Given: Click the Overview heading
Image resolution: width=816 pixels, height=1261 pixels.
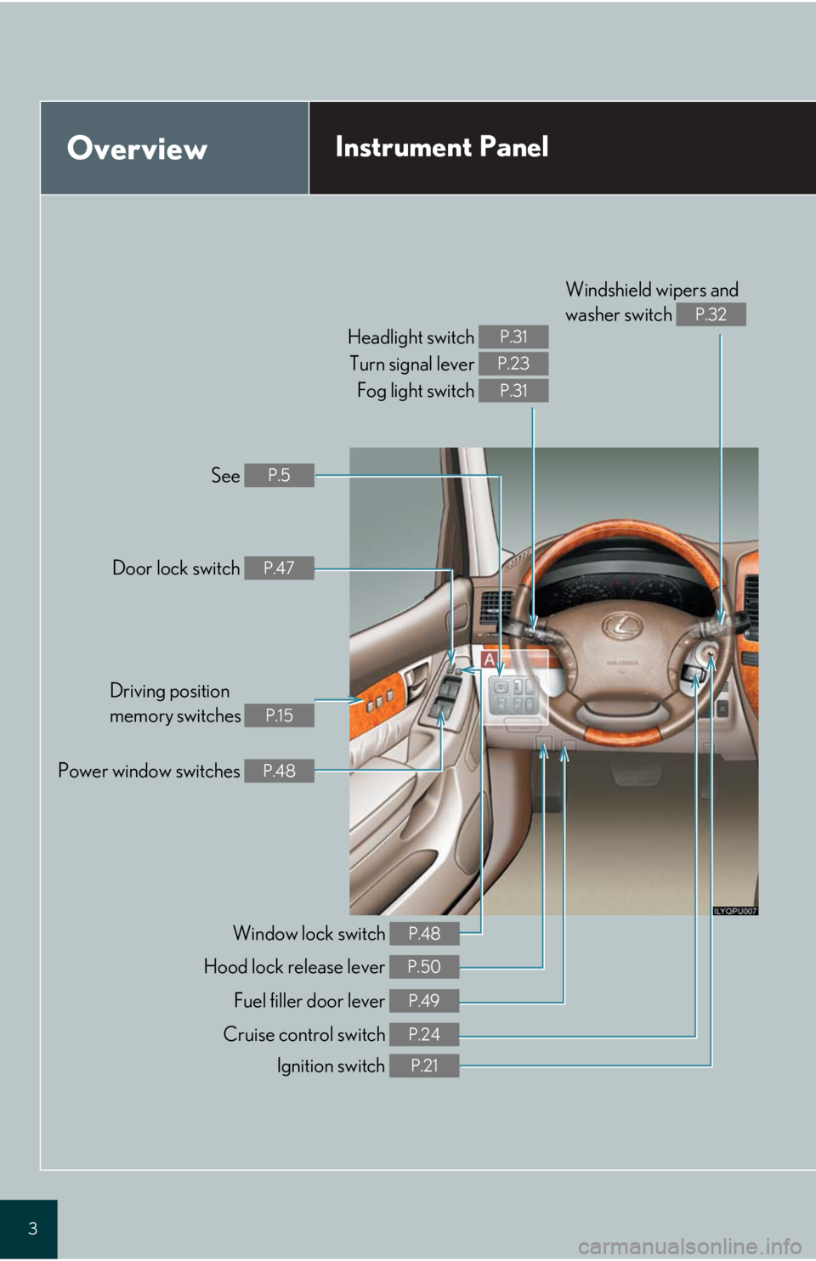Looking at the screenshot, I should pos(137,149).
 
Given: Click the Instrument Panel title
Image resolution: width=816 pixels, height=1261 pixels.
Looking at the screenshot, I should pos(441,147).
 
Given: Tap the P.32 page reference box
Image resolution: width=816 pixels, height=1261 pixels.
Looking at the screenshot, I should pos(711,314).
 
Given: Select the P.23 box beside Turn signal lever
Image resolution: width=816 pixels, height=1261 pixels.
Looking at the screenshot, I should pos(513,364).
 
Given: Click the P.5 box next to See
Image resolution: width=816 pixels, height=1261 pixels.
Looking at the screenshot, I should pos(279,475).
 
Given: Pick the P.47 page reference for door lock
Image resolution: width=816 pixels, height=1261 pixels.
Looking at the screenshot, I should pos(279,568).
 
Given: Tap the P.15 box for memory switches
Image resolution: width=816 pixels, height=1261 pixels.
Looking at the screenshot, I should pos(279,715).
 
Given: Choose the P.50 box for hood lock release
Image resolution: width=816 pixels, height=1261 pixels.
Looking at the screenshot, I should pos(424,967).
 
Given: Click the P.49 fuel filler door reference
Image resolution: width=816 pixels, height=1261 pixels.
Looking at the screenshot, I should pos(424,1001).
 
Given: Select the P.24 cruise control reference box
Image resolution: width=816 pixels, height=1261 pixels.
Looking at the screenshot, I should pos(424,1034).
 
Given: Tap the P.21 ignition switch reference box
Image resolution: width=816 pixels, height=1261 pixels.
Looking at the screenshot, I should pos(424,1066).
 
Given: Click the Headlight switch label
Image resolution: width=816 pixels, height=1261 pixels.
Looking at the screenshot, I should pos(411,337).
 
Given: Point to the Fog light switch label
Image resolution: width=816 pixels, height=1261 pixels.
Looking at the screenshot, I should pos(415,391).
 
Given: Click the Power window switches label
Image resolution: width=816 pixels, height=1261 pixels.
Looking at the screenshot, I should pos(149,771).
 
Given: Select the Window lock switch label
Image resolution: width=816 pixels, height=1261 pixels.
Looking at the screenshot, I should pos(309,934).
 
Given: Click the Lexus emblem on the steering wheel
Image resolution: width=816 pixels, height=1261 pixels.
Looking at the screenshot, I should pos(623,626).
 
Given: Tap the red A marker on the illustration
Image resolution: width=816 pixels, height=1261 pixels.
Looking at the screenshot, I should pos(489,659).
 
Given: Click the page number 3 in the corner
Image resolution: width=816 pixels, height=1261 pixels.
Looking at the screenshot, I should pos(32,1228).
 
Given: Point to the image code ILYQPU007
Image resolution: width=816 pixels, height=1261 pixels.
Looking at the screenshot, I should pos(734,911).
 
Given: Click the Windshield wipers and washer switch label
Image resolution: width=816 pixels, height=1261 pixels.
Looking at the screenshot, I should pos(651,302).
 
